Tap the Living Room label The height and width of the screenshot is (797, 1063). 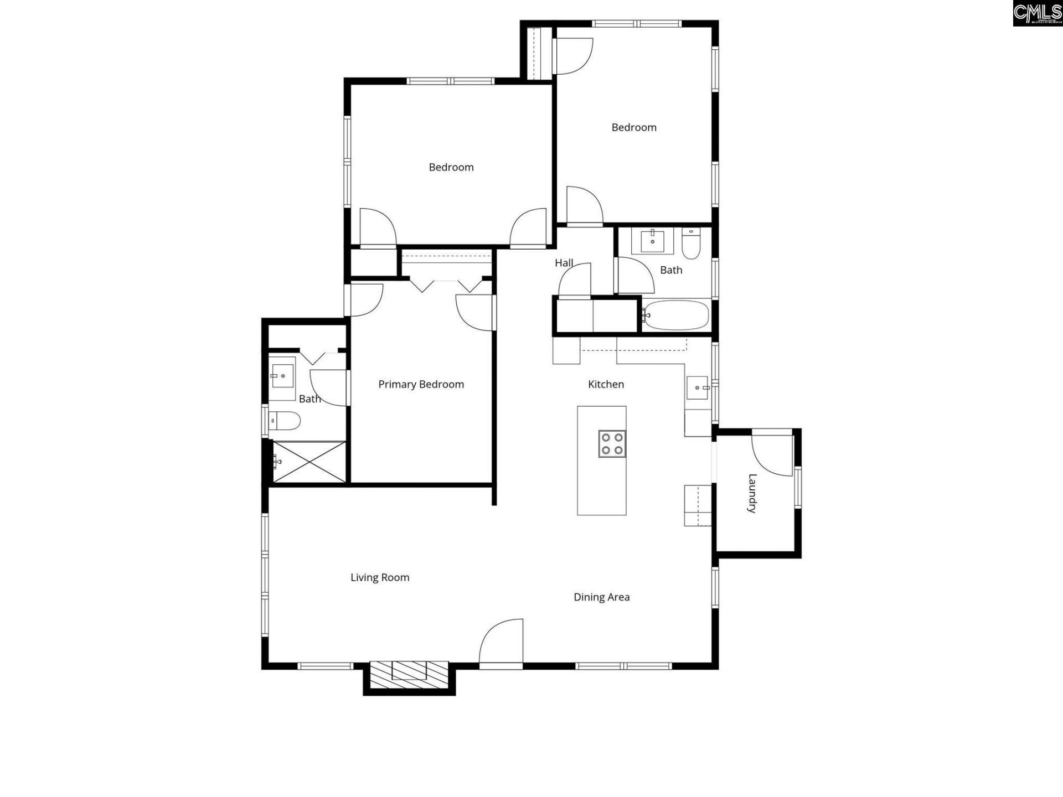coord(380,577)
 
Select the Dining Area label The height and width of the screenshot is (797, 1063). coord(601,597)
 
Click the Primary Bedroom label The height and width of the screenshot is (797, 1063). coord(421,384)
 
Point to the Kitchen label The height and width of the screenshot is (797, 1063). coord(606,384)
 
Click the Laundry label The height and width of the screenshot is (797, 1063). coord(752,493)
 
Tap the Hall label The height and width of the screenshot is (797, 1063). coord(564,263)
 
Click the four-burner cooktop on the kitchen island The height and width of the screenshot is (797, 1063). coord(612,443)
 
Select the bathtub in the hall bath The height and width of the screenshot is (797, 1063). coord(676,315)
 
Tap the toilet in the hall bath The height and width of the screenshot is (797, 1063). coord(691,245)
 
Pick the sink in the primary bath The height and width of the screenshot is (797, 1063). coord(282,376)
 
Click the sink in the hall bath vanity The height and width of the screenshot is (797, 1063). coord(653,241)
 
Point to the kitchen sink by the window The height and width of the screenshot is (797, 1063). coord(698,387)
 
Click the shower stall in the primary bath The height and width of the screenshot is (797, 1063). coord(309,462)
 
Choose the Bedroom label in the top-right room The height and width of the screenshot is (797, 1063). coord(634,127)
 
